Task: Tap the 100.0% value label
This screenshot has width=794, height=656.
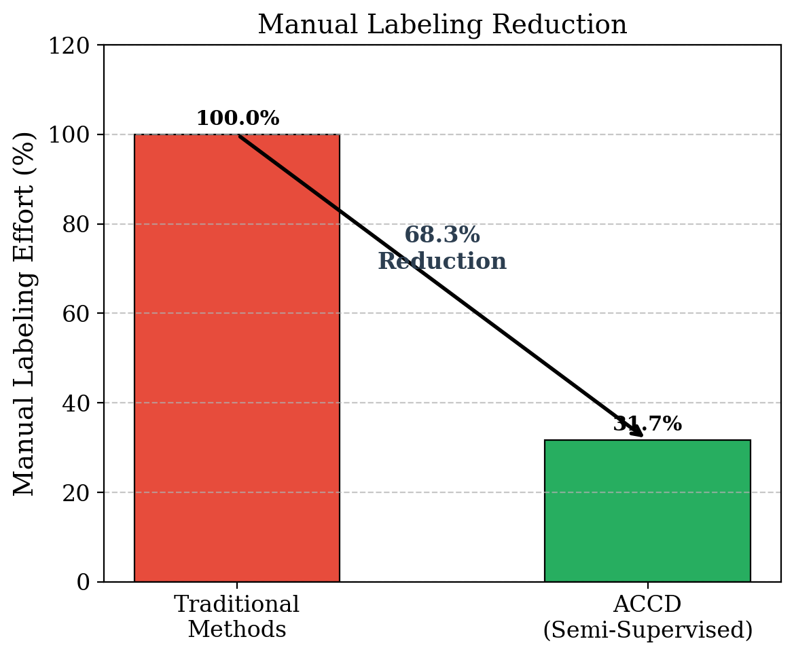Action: (x=238, y=118)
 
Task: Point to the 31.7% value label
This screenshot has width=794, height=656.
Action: (x=647, y=424)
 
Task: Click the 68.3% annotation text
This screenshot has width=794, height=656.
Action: (x=442, y=236)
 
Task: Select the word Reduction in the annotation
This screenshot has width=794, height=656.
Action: (x=442, y=261)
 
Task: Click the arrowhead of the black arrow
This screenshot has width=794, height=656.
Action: (x=637, y=433)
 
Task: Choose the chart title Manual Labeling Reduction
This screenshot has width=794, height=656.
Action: (x=442, y=25)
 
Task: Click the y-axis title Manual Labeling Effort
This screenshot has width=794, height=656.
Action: (x=24, y=313)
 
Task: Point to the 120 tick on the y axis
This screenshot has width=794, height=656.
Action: (x=75, y=45)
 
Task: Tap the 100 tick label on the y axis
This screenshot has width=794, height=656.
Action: (x=75, y=134)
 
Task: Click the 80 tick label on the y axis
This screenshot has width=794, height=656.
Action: (x=79, y=224)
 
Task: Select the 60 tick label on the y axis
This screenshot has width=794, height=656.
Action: (x=79, y=314)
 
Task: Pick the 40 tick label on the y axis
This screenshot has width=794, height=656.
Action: (x=79, y=403)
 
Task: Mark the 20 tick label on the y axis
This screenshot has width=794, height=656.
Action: (x=79, y=492)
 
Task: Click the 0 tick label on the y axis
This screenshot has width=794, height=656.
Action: (x=84, y=582)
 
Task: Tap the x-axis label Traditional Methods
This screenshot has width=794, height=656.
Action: (x=236, y=617)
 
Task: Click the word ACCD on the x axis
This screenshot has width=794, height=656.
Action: (x=647, y=604)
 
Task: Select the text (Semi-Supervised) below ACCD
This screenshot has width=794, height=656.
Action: (x=647, y=630)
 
